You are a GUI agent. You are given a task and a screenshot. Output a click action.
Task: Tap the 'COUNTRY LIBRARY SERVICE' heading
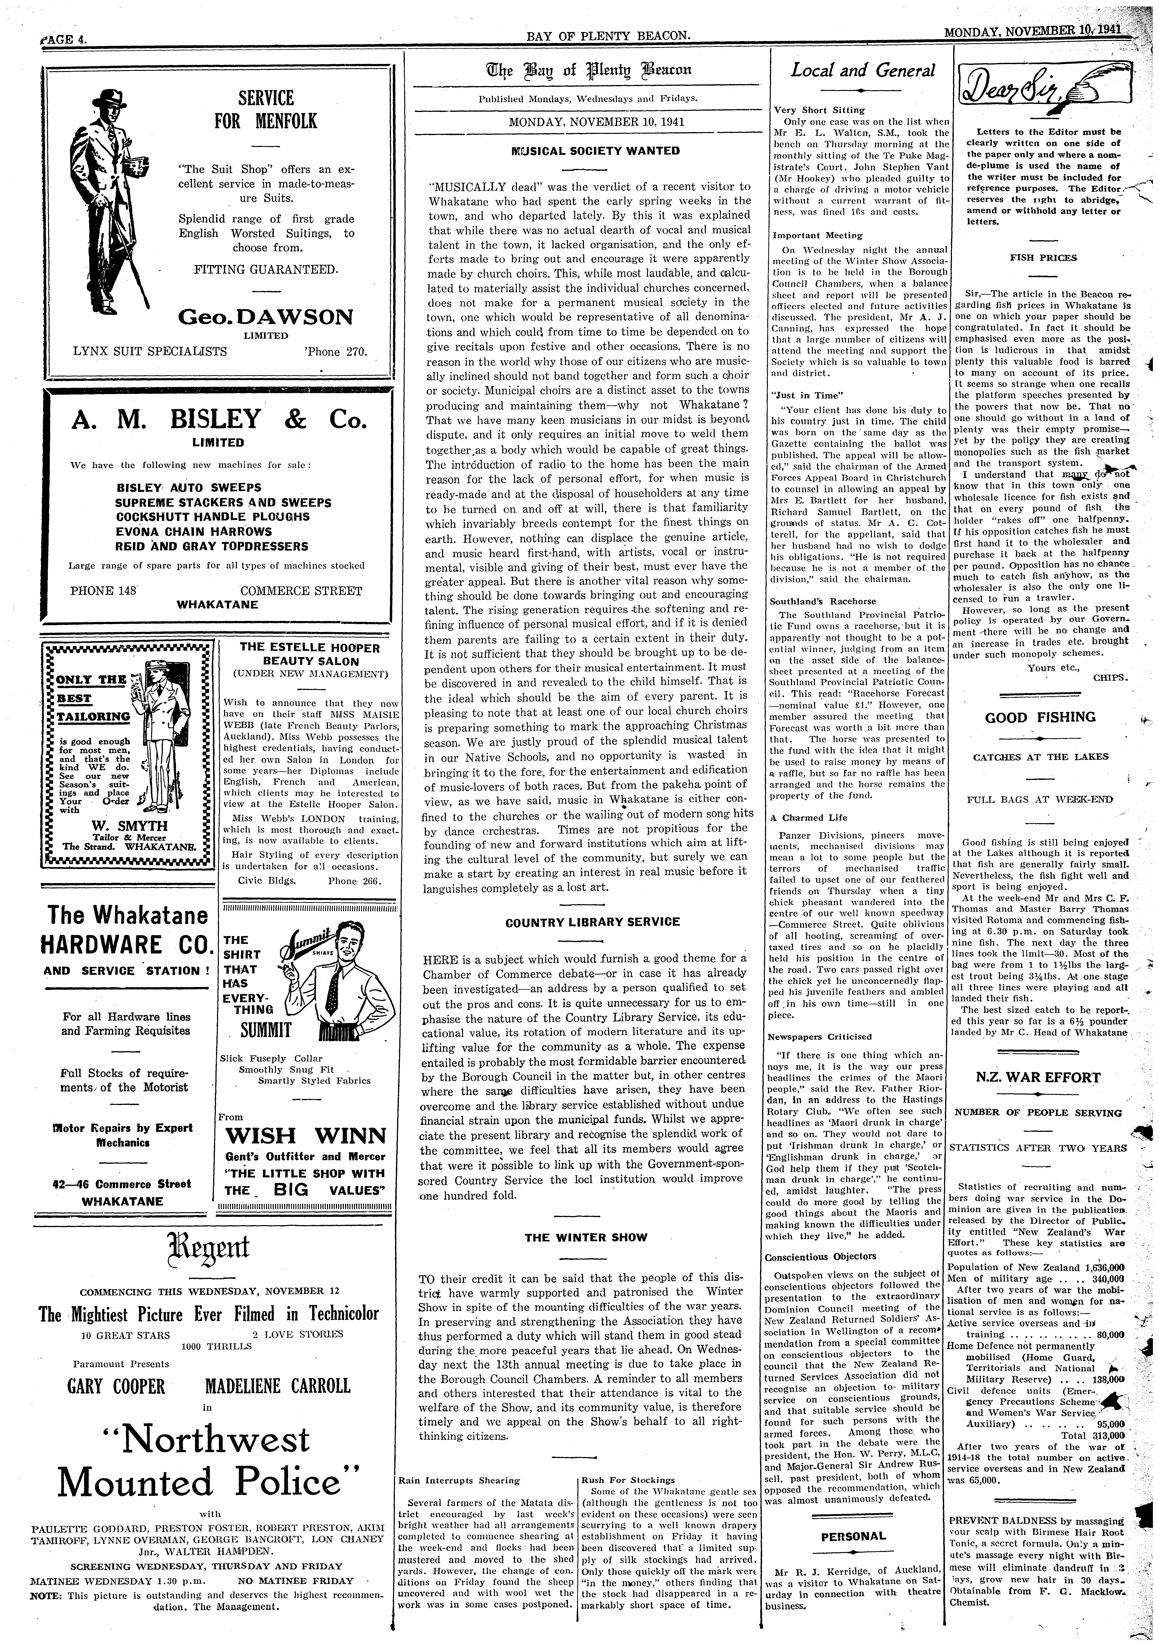click(x=592, y=922)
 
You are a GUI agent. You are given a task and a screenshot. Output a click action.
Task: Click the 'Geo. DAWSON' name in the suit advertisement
click(x=266, y=316)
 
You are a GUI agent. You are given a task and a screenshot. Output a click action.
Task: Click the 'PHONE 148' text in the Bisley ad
click(x=103, y=591)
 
